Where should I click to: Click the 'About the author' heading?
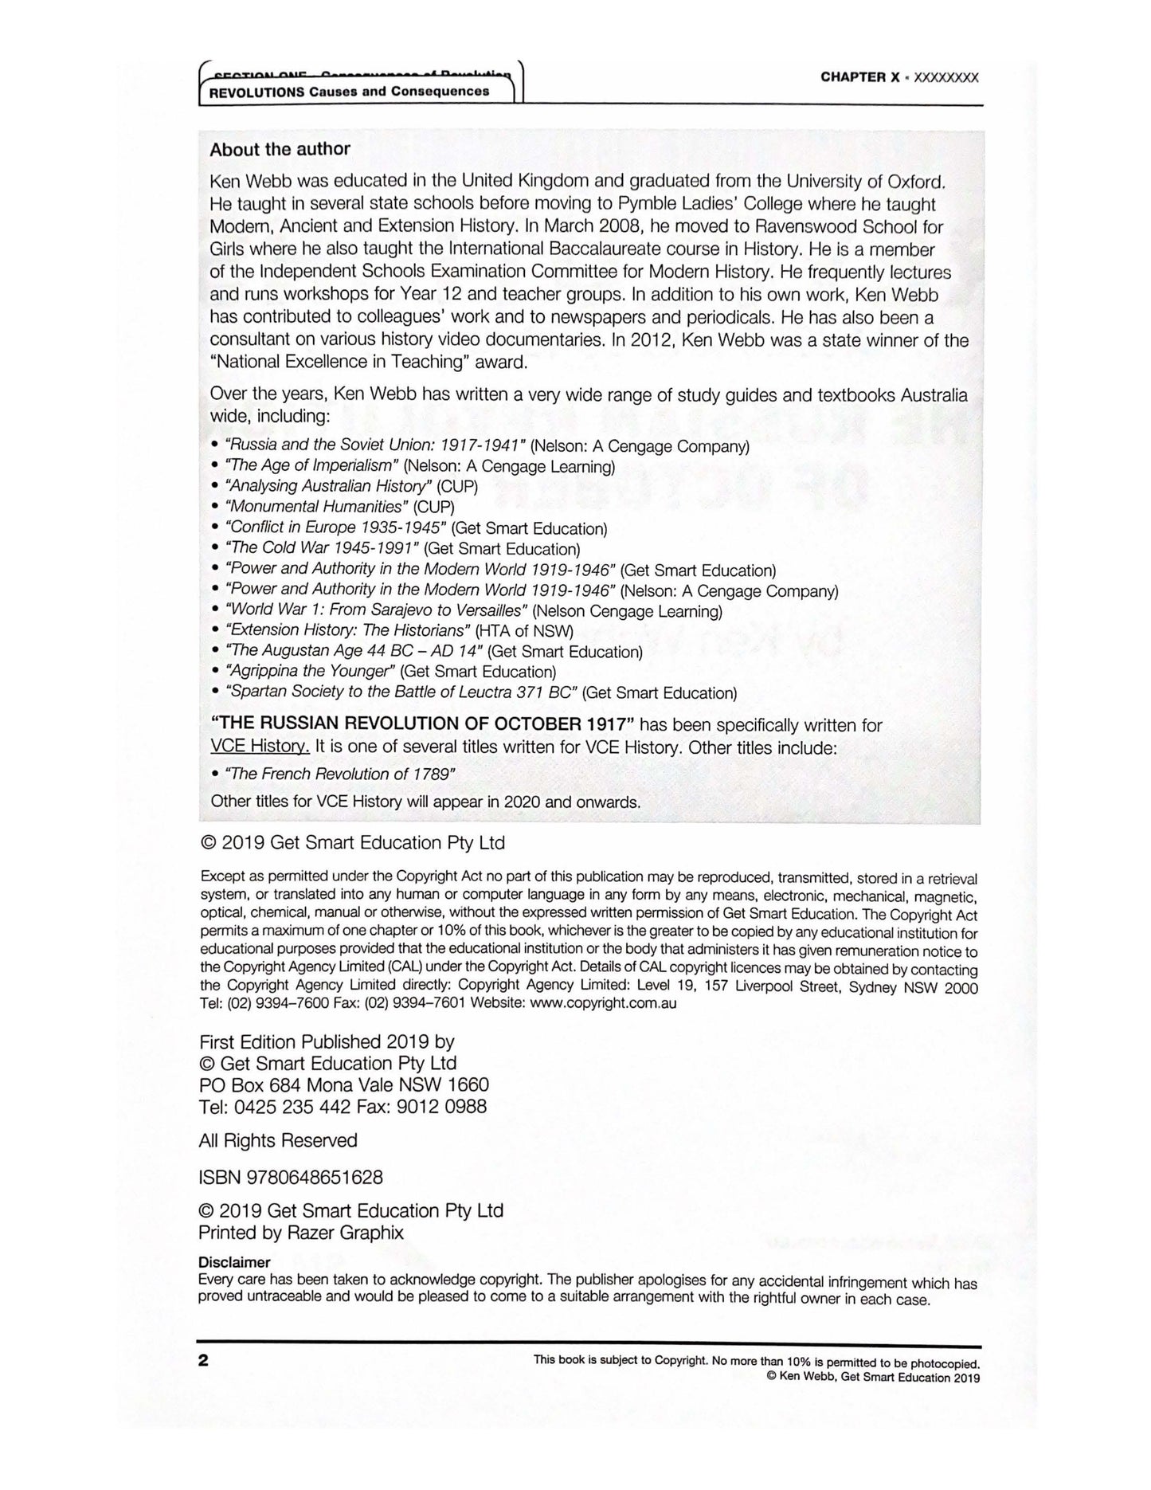click(x=280, y=149)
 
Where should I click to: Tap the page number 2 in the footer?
click(x=204, y=1360)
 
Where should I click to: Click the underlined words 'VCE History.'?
click(x=260, y=747)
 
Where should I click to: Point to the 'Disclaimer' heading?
click(x=234, y=1262)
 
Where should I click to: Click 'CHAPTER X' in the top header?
click(x=863, y=77)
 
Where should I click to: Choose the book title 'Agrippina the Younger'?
click(x=311, y=671)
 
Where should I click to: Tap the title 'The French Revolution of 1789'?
click(x=340, y=774)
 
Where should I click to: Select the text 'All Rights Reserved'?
click(x=278, y=1140)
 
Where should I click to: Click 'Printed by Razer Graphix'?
click(x=301, y=1233)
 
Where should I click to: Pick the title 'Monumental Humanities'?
click(x=316, y=507)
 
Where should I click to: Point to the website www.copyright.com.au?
click(x=603, y=1003)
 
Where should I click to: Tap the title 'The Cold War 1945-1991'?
click(x=322, y=548)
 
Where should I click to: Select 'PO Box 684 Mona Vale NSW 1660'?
click(x=343, y=1084)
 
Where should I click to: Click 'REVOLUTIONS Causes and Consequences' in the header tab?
click(x=349, y=92)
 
